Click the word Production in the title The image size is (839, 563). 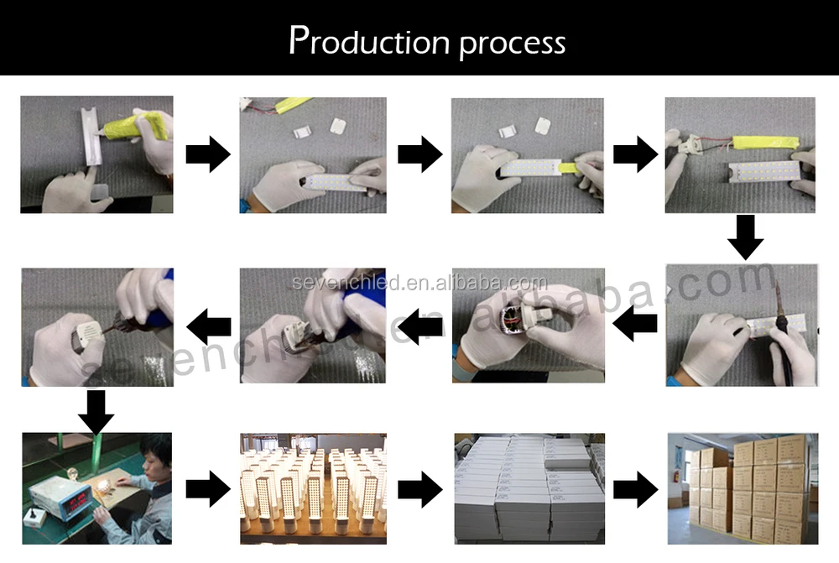pos(369,42)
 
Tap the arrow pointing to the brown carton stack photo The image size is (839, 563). pos(635,489)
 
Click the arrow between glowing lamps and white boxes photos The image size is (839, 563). pos(419,489)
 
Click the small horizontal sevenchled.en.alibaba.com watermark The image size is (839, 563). pos(419,284)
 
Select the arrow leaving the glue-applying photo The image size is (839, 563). pos(207,154)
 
